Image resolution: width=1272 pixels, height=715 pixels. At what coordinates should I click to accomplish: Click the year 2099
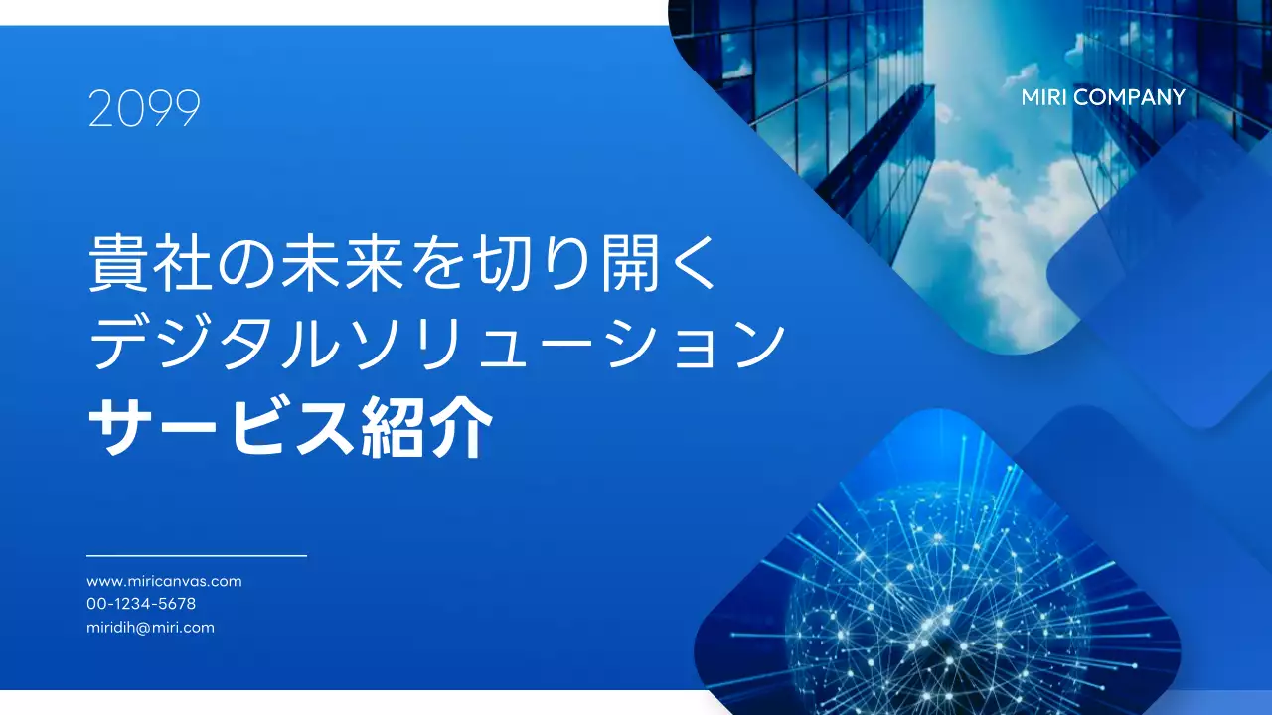tap(144, 109)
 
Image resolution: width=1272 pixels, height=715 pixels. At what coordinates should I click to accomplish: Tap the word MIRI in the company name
tap(1044, 97)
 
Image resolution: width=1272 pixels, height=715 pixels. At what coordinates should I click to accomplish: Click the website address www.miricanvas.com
tap(164, 581)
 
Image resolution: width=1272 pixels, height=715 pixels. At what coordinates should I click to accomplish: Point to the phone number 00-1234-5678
tap(141, 604)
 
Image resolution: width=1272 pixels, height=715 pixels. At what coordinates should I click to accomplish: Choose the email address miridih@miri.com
tap(150, 628)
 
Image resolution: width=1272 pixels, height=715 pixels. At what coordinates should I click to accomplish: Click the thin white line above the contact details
tap(197, 556)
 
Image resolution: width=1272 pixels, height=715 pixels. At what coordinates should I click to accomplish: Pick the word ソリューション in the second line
tap(576, 347)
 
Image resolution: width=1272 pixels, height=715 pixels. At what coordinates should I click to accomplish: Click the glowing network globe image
tap(934, 586)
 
